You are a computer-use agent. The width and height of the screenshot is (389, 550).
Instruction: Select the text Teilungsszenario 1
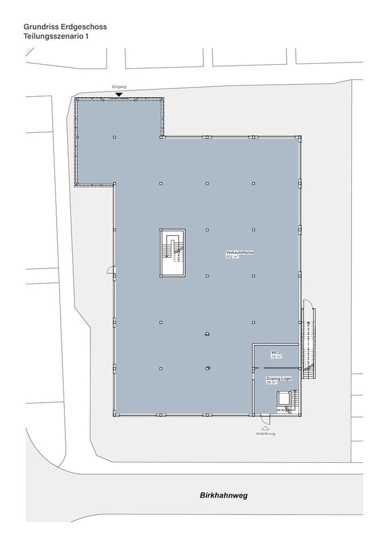coord(56,36)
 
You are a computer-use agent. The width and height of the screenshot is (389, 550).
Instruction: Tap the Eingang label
coord(119,87)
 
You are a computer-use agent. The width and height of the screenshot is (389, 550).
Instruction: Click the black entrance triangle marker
coord(119,95)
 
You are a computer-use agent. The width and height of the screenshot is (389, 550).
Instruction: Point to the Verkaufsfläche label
coord(240,253)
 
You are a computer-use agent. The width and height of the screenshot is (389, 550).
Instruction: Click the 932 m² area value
coord(233,257)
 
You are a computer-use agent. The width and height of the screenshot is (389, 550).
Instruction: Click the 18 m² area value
coord(276,356)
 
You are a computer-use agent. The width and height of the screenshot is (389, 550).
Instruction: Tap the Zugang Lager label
coord(279,379)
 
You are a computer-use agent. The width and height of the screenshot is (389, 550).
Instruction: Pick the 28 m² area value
coord(272,383)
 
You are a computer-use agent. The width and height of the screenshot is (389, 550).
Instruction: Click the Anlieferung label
coord(265,434)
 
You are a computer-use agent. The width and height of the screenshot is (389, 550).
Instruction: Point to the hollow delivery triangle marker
coord(265,429)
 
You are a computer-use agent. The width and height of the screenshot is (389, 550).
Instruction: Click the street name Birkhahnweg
coord(224,496)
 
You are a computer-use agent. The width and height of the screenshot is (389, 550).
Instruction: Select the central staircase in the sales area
coord(172,253)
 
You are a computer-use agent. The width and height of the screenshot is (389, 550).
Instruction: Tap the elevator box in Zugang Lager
coord(282,399)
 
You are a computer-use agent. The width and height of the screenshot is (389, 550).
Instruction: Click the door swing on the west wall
coord(111,269)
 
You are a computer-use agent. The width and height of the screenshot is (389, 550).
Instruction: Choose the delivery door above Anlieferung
coord(265,419)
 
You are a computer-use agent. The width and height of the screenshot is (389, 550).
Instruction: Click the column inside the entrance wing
coord(115,137)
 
